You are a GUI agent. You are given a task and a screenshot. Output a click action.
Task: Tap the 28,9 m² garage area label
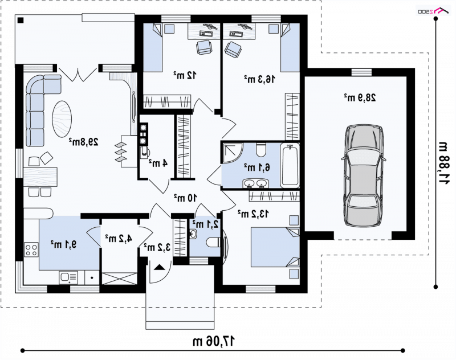tap(360, 97)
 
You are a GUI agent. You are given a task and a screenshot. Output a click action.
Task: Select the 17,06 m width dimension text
tap(213, 341)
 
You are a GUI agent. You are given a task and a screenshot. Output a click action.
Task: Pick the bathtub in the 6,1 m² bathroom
tap(290, 166)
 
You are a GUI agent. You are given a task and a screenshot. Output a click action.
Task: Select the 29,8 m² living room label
tap(83, 141)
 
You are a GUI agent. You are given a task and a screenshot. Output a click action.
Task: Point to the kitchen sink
tap(68, 277)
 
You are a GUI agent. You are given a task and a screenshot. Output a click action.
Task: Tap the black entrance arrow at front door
tap(159, 267)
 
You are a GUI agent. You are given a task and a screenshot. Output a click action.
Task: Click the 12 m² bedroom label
tap(185, 75)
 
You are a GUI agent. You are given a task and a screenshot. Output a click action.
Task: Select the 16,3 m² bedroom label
tap(259, 79)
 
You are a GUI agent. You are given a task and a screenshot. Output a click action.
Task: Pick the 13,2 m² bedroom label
tap(253, 214)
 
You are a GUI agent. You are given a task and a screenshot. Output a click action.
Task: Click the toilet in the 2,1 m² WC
tap(213, 242)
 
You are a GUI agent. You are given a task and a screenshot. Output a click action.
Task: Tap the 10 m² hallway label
tap(185, 198)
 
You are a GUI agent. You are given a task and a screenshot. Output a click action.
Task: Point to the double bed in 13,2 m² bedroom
tap(275, 247)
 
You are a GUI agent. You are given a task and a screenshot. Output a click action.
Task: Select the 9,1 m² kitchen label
tap(64, 244)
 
